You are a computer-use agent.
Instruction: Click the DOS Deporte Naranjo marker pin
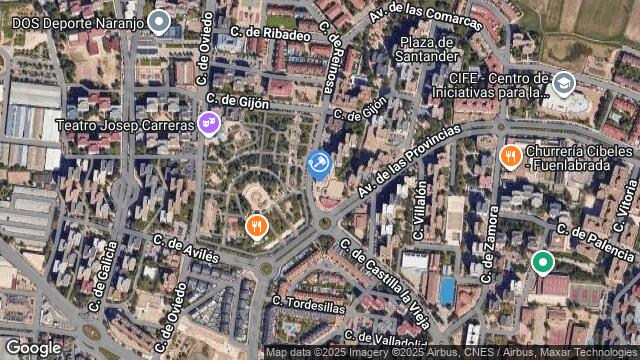158,21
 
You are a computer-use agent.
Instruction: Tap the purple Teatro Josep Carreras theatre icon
208,124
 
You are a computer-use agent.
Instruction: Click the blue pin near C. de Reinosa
319,163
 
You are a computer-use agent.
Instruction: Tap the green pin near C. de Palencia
542,262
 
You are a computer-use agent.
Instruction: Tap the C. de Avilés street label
186,249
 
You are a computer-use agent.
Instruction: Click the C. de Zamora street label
488,241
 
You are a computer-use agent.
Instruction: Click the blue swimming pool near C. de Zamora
447,291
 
